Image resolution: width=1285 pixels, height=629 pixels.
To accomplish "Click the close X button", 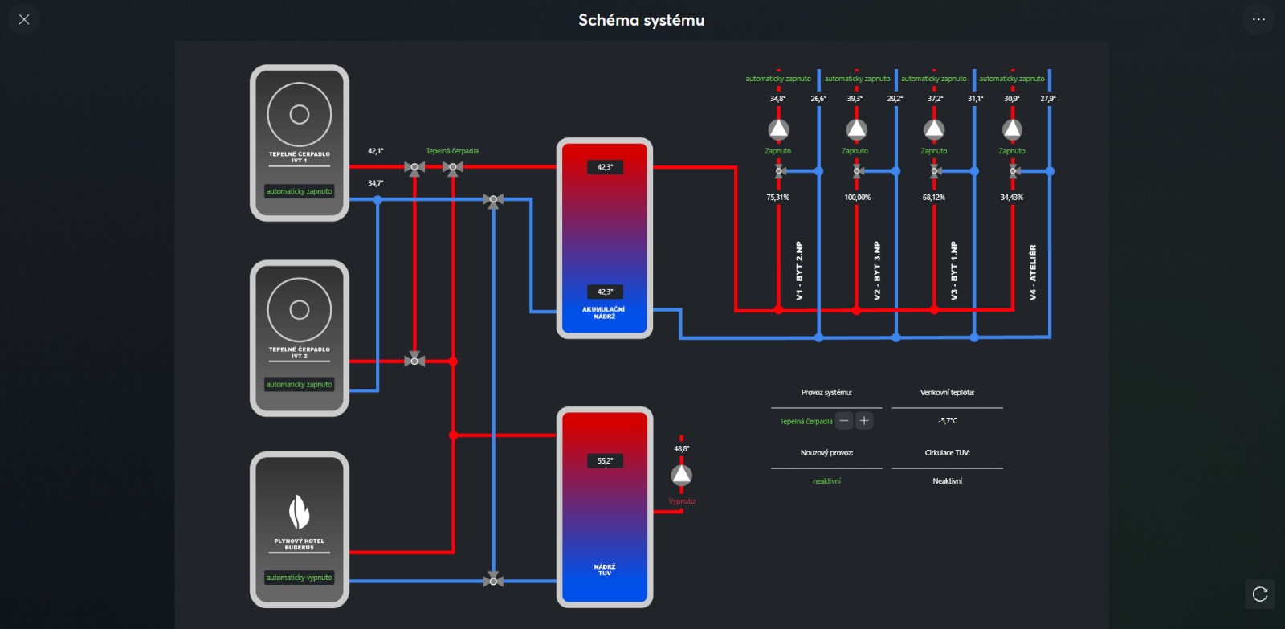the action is point(24,19).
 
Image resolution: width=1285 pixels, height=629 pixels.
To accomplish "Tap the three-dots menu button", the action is point(1258,19).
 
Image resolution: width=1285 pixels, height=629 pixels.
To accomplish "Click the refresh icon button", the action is point(1260,594).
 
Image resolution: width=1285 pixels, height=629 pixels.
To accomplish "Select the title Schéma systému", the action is point(642,20).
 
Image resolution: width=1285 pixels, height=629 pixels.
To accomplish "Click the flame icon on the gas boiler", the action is point(299,512).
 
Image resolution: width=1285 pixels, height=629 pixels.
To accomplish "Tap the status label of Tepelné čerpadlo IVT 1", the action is point(299,191).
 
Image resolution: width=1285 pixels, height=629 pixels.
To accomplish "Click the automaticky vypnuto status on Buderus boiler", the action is point(299,578).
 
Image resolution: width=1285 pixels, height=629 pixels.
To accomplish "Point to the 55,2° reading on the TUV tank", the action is point(605,461).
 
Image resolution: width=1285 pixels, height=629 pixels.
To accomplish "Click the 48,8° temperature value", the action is point(682,449).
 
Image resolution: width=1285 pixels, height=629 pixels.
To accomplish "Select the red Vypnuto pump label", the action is point(682,501).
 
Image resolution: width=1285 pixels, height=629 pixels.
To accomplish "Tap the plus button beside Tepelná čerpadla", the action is point(864,421).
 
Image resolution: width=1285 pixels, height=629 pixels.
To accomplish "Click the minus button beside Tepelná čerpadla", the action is point(844,421).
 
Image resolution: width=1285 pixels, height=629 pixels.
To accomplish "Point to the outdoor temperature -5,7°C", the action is point(948,421).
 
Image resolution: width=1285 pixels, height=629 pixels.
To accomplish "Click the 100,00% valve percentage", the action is point(857,198).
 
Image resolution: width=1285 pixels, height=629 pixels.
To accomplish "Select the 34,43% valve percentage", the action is point(1011,198).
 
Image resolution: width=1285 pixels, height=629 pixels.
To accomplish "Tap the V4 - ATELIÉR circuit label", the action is point(1033,272).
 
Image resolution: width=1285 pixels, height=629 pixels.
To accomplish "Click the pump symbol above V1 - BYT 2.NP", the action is point(778,129).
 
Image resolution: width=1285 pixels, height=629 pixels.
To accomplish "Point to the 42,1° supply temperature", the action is point(376,151).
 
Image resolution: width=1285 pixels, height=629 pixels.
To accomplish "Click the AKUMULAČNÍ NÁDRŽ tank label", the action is point(603,312).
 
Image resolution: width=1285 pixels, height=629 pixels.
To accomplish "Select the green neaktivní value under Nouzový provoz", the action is point(826,481).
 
